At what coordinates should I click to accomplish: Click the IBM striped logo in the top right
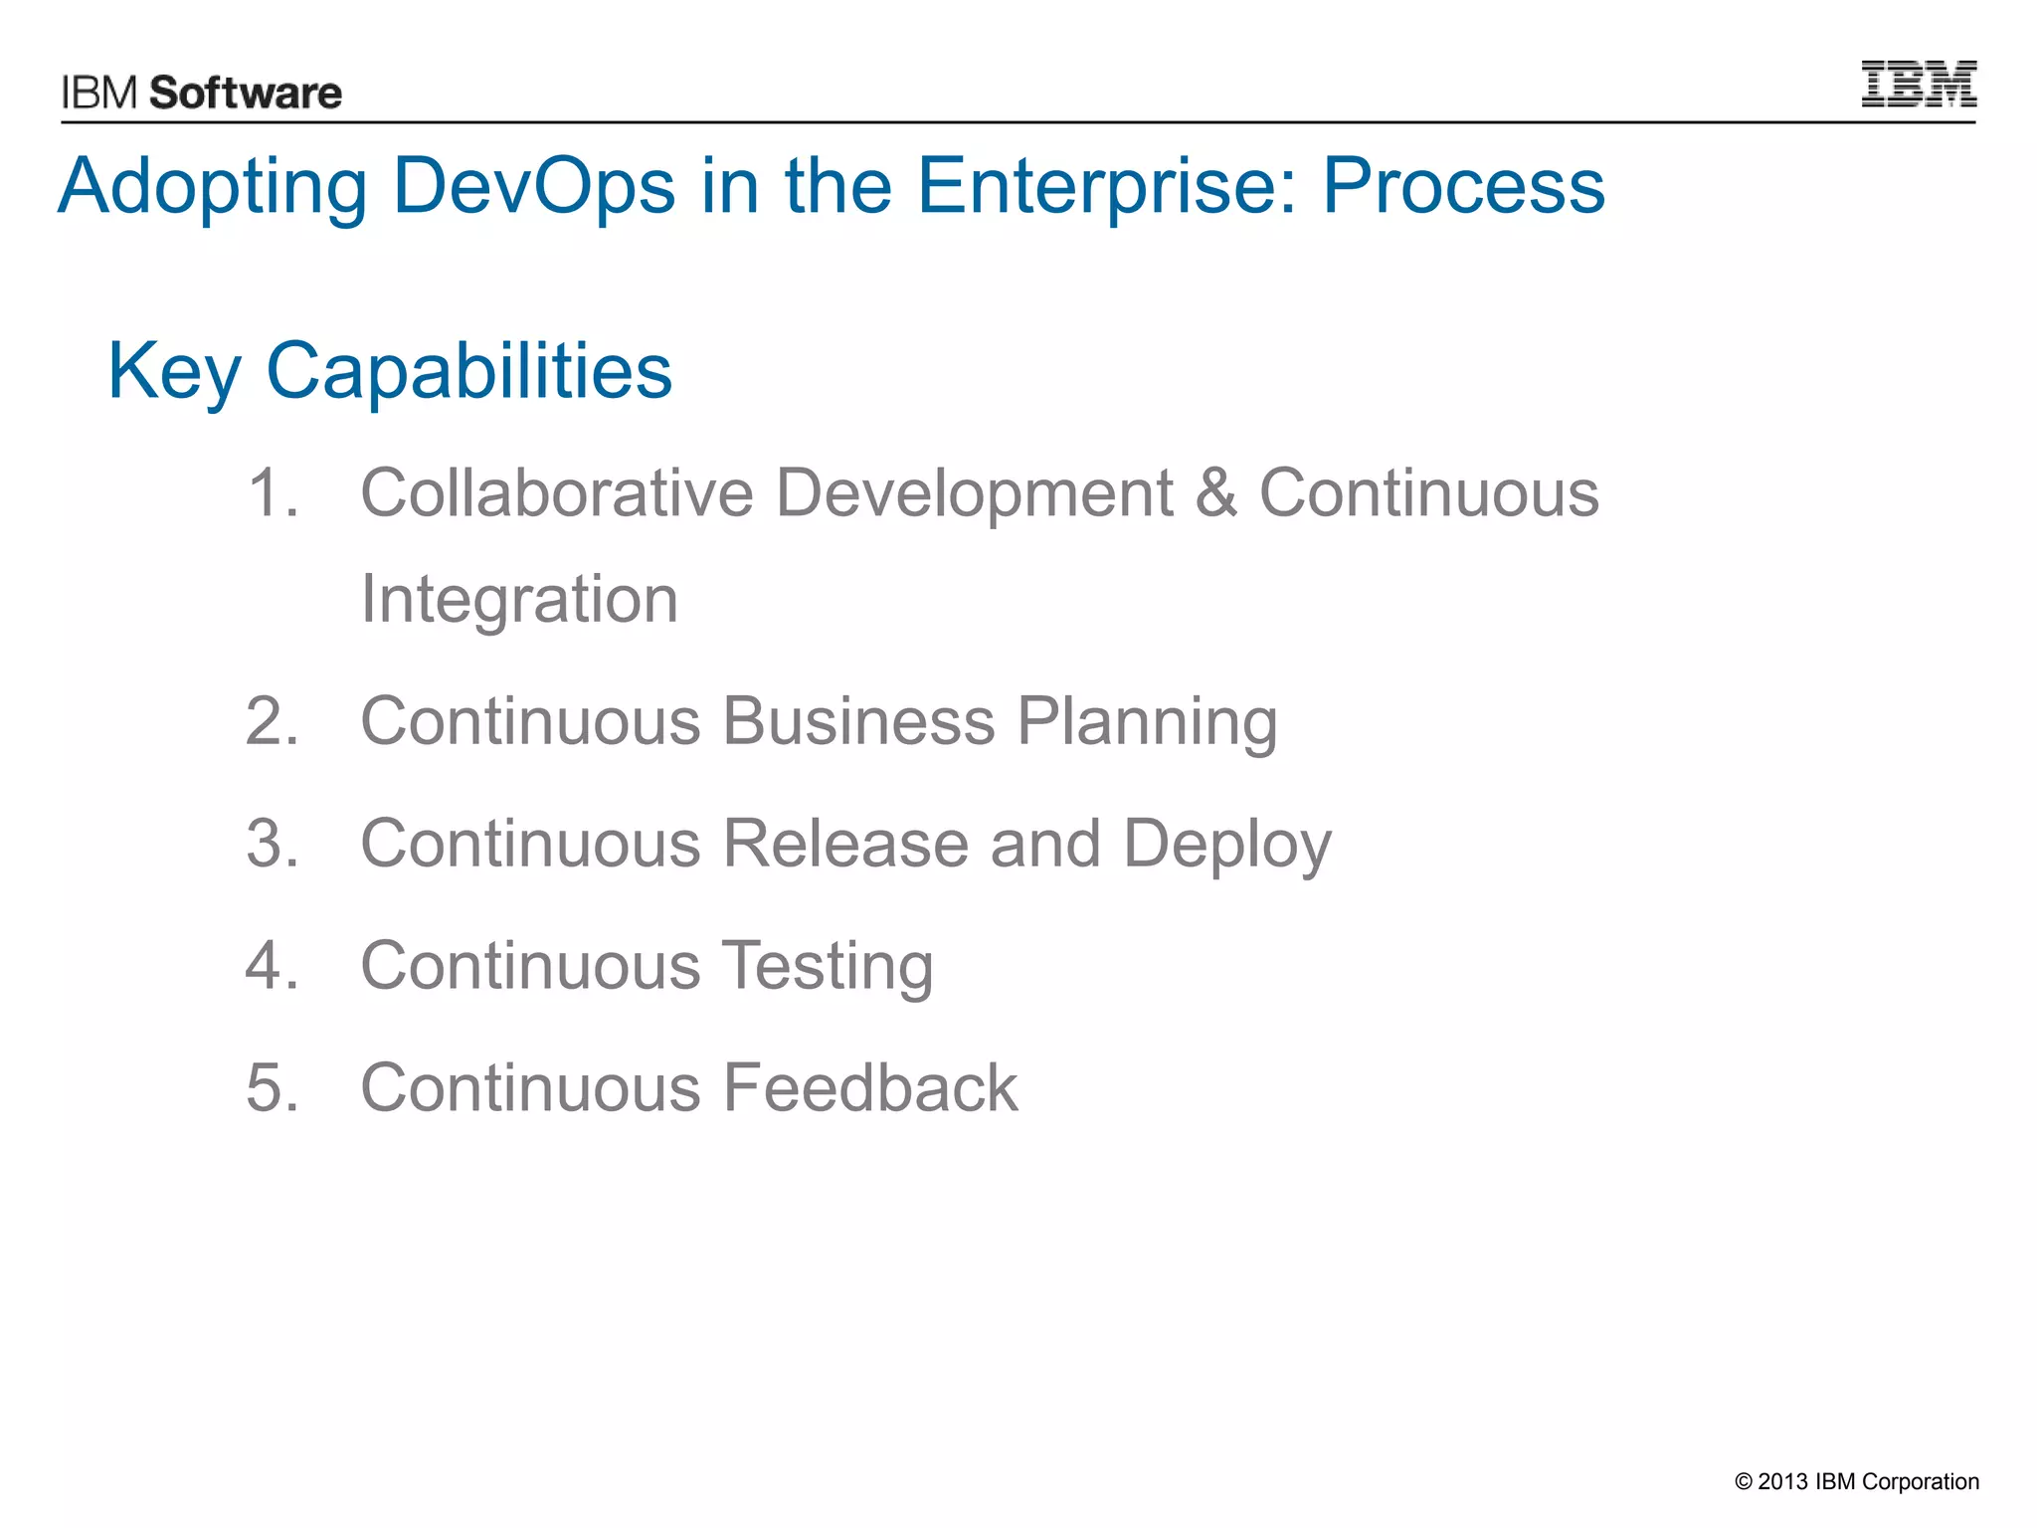(x=1918, y=84)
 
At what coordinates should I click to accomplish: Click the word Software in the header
(x=246, y=94)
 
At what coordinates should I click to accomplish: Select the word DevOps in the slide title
(x=534, y=186)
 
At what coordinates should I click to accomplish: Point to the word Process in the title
(x=1463, y=186)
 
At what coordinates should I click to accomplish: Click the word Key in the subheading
(x=174, y=372)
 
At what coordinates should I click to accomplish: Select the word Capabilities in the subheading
(x=468, y=372)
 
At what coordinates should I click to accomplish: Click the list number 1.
(x=271, y=492)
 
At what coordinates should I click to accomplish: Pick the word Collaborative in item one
(x=557, y=492)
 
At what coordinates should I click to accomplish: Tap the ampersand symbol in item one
(x=1215, y=492)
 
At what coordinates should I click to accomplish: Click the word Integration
(x=519, y=600)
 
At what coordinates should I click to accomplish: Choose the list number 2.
(x=271, y=721)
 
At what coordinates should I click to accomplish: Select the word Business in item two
(x=858, y=721)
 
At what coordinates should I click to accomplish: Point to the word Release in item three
(x=845, y=844)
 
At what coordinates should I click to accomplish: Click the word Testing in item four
(x=827, y=967)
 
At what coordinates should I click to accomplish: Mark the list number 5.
(x=271, y=1087)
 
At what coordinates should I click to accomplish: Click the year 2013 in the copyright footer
(x=1782, y=1481)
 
